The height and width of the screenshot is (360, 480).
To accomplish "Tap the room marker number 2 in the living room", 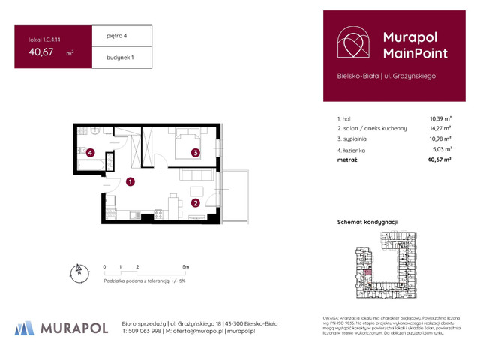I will click(x=195, y=202).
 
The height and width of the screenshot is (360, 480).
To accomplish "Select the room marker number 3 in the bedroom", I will click(x=195, y=153).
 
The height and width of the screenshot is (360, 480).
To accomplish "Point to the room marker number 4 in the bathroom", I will click(x=90, y=153).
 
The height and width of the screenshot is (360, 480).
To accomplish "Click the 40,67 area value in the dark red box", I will click(x=41, y=52).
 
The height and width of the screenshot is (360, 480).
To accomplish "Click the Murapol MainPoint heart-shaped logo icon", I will click(x=352, y=44).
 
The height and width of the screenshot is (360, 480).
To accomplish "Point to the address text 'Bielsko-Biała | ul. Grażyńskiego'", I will click(x=386, y=76).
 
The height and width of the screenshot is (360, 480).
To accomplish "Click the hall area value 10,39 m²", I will click(x=440, y=118).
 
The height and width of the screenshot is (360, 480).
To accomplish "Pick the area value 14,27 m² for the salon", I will click(x=440, y=128).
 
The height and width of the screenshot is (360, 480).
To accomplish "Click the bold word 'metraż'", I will click(x=347, y=160).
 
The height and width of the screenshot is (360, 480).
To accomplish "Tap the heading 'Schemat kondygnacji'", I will click(x=367, y=223).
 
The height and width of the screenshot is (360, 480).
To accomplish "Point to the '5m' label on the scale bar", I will click(x=185, y=266).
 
